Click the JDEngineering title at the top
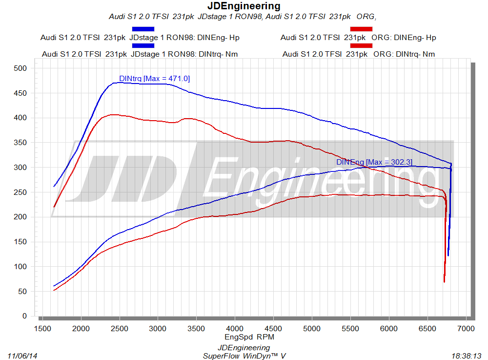(x=244, y=6)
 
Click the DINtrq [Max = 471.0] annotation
(x=154, y=78)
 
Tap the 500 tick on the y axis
(x=20, y=68)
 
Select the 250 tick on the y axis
(x=20, y=192)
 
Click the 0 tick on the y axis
(x=24, y=316)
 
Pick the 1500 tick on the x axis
(x=42, y=328)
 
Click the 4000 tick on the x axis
(x=235, y=328)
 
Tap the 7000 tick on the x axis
(x=466, y=328)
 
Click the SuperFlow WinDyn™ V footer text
(x=244, y=356)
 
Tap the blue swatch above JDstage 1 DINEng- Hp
(x=143, y=29)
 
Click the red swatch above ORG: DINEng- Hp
(x=361, y=29)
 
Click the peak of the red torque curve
(x=112, y=114)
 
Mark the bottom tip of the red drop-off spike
(x=444, y=282)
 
